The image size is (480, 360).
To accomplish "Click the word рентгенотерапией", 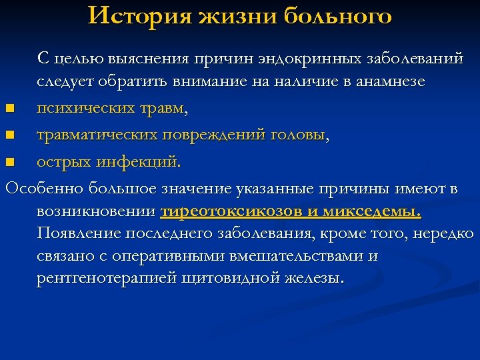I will point(106,278).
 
